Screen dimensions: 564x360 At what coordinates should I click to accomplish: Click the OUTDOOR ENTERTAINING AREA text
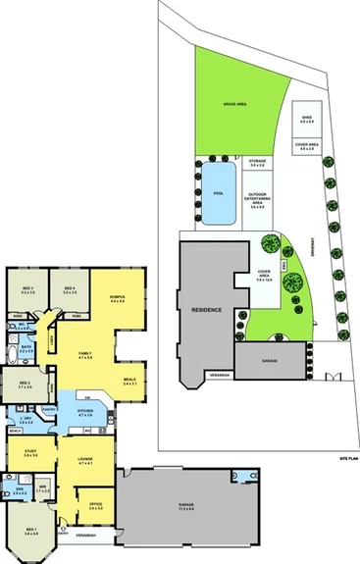(x=258, y=199)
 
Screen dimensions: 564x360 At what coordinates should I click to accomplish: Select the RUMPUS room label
(x=117, y=297)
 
